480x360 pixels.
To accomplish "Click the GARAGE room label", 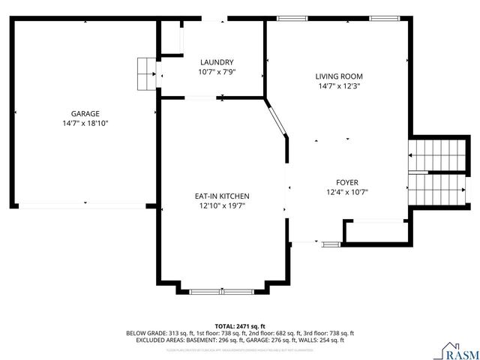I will pyautogui.click(x=85, y=113).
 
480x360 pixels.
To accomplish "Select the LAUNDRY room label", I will pyautogui.click(x=217, y=62).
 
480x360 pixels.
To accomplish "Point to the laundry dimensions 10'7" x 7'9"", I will pyautogui.click(x=217, y=72).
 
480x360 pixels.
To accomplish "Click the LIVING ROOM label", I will pyautogui.click(x=338, y=76).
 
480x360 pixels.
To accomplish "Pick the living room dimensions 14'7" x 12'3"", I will pyautogui.click(x=338, y=85).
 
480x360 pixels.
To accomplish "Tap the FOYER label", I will pyautogui.click(x=346, y=182).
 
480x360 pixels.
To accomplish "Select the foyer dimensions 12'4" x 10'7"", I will pyautogui.click(x=346, y=192).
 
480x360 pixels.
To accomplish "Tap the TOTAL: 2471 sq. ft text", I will pyautogui.click(x=240, y=326).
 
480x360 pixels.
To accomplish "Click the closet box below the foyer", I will pyautogui.click(x=376, y=232).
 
